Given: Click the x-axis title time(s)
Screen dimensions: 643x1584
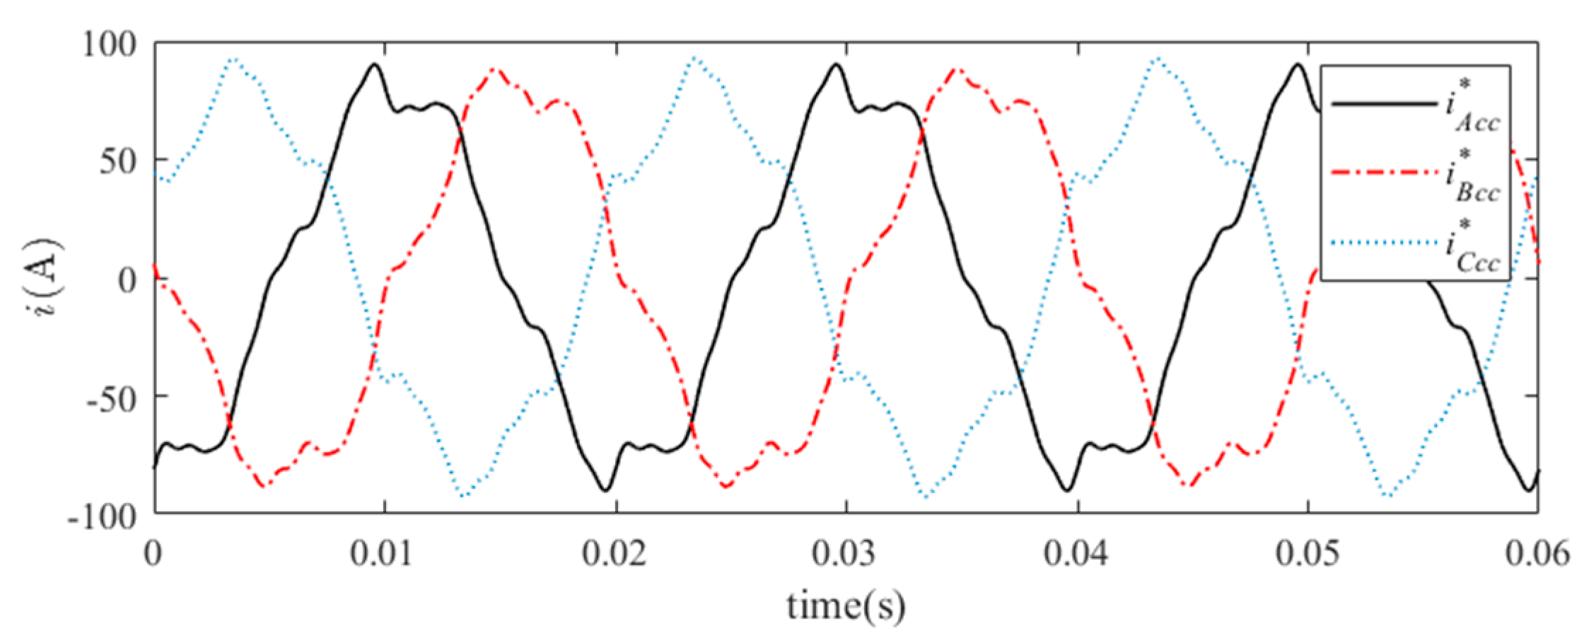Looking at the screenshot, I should [x=846, y=606].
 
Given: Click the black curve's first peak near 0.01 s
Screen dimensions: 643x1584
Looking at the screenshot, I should [x=374, y=64].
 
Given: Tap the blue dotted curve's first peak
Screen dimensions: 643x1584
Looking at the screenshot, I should [x=235, y=59].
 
